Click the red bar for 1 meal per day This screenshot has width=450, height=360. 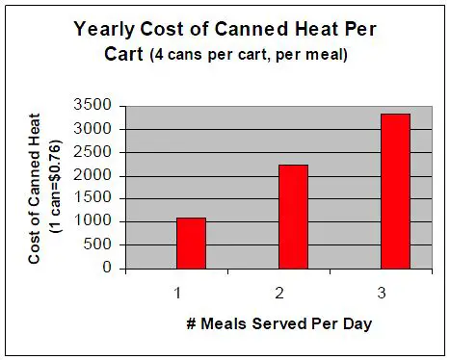191,244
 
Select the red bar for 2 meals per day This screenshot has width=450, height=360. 293,217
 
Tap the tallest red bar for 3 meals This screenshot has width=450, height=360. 395,192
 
